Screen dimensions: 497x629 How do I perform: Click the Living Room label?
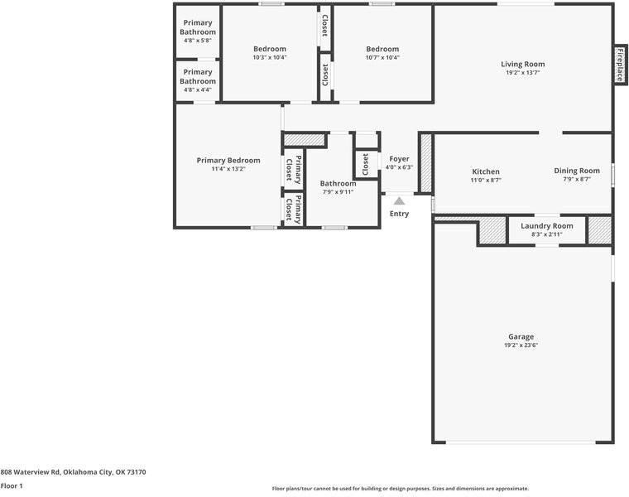point(522,64)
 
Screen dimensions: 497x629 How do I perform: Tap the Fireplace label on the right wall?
point(619,64)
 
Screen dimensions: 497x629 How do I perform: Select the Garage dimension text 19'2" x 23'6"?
point(521,345)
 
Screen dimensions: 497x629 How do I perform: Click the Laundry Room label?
point(546,226)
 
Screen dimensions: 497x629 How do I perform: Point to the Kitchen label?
point(486,171)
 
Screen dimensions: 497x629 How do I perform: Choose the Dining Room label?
point(577,171)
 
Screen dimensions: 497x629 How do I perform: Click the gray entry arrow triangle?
point(399,200)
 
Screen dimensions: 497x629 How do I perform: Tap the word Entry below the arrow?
point(399,214)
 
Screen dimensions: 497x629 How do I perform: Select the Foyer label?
point(399,158)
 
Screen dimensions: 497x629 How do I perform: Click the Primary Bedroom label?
point(228,161)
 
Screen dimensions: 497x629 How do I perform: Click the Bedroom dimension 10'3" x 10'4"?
point(270,57)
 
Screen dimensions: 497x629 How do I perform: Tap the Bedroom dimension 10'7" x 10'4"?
point(382,57)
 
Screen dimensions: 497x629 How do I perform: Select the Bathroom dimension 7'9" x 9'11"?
point(338,192)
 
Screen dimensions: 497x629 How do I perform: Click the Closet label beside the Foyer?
point(366,163)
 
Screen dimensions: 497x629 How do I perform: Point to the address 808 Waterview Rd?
point(73,472)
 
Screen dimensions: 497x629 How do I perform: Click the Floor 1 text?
point(12,486)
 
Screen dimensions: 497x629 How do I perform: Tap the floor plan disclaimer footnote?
point(401,489)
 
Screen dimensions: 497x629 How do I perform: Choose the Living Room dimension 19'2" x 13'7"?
point(522,73)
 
